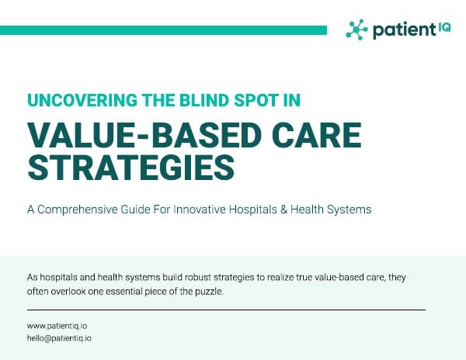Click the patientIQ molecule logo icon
[356, 29]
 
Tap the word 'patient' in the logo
[399, 30]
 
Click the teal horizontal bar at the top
[163, 30]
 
